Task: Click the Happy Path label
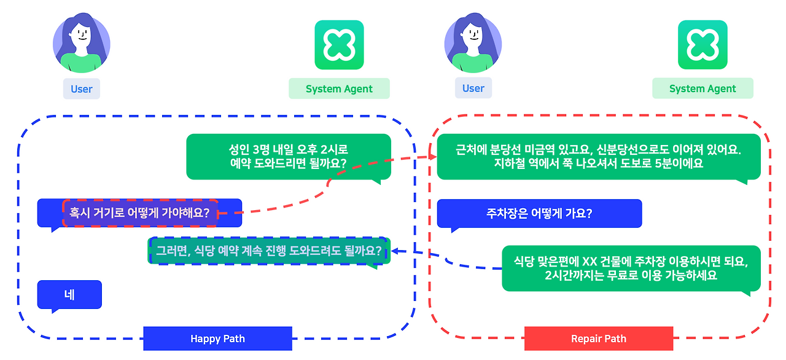217,338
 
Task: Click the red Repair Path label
598,338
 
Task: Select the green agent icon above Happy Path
339,45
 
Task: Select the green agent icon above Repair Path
702,45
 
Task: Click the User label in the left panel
81,88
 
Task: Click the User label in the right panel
473,88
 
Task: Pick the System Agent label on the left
339,88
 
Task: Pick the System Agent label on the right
702,88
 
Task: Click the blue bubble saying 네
69,295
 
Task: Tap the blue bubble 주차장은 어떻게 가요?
539,214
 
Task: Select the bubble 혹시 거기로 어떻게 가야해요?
140,213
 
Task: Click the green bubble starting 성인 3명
288,157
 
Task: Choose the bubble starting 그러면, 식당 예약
268,251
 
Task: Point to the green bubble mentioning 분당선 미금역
598,157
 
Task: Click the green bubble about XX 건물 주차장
631,268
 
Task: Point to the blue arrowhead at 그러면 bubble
395,251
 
